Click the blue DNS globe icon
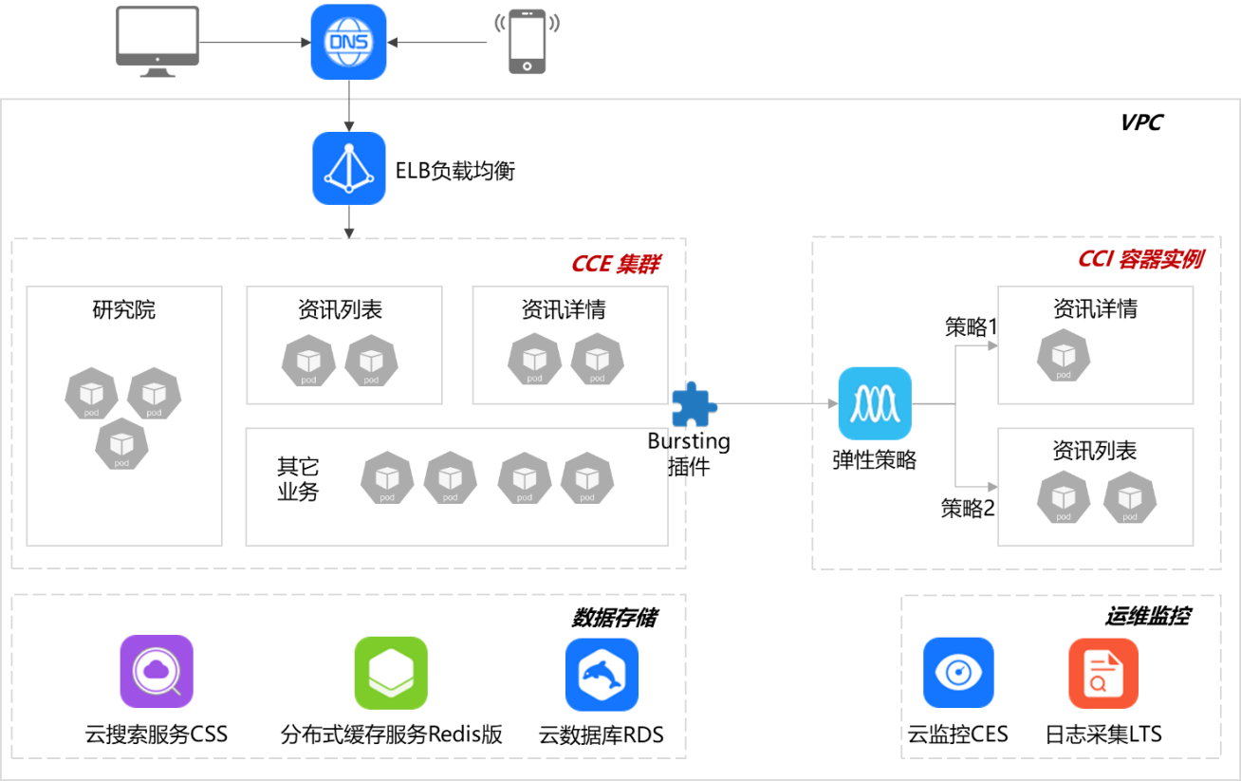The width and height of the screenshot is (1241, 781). click(x=348, y=42)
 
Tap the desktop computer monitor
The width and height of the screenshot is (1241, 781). click(x=157, y=39)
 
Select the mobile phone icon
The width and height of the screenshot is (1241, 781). click(x=527, y=41)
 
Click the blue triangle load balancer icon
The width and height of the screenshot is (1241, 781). click(x=349, y=168)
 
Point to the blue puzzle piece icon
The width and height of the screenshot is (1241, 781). click(x=694, y=405)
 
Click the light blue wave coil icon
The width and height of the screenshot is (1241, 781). click(x=874, y=403)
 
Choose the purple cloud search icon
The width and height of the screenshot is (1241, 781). click(x=157, y=672)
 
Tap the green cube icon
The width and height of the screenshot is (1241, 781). click(x=391, y=673)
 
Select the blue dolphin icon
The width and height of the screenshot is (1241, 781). click(x=602, y=675)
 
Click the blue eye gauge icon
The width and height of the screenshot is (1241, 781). click(x=958, y=673)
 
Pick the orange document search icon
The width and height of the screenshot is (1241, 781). click(x=1102, y=673)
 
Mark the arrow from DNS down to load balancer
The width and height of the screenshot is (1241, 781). click(x=349, y=105)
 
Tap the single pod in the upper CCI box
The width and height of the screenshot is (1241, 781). click(x=1063, y=356)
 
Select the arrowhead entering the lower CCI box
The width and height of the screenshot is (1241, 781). click(x=992, y=487)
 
